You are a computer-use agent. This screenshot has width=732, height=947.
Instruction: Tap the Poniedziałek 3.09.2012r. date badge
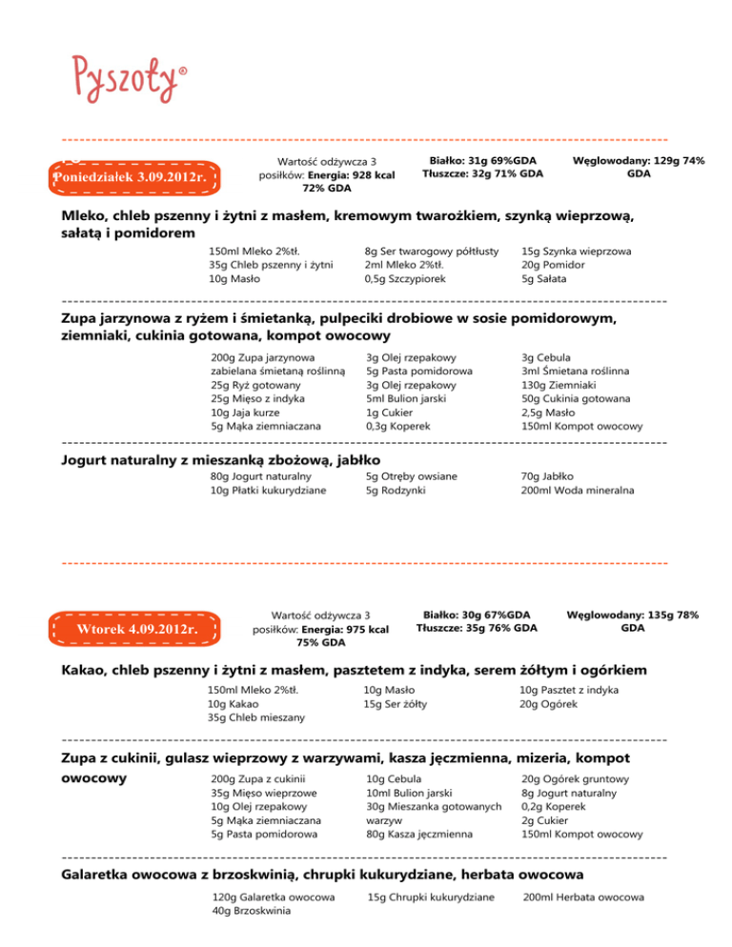(x=133, y=177)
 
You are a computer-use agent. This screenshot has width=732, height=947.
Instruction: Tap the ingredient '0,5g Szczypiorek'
(x=404, y=279)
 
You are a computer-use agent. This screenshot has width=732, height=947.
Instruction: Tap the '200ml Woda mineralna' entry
(x=578, y=491)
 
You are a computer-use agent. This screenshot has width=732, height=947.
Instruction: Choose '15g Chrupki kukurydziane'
(x=431, y=897)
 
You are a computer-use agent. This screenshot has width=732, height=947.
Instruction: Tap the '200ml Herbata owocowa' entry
(x=583, y=897)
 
